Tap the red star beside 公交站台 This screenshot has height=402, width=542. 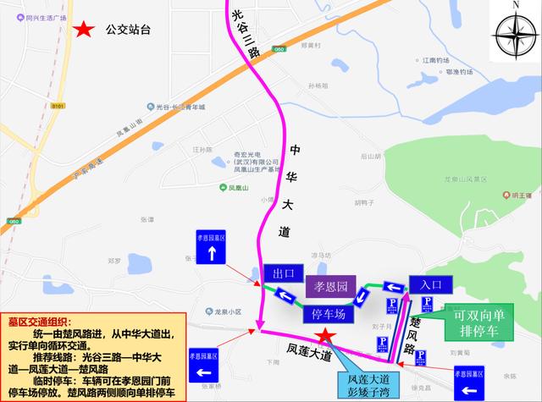click(x=84, y=30)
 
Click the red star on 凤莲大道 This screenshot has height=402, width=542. click(x=326, y=339)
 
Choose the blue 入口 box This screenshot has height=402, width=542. click(x=430, y=284)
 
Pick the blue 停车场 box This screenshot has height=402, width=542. click(x=322, y=315)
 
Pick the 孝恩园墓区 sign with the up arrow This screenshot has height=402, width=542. click(x=211, y=248)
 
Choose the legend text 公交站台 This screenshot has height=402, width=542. click(x=128, y=30)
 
